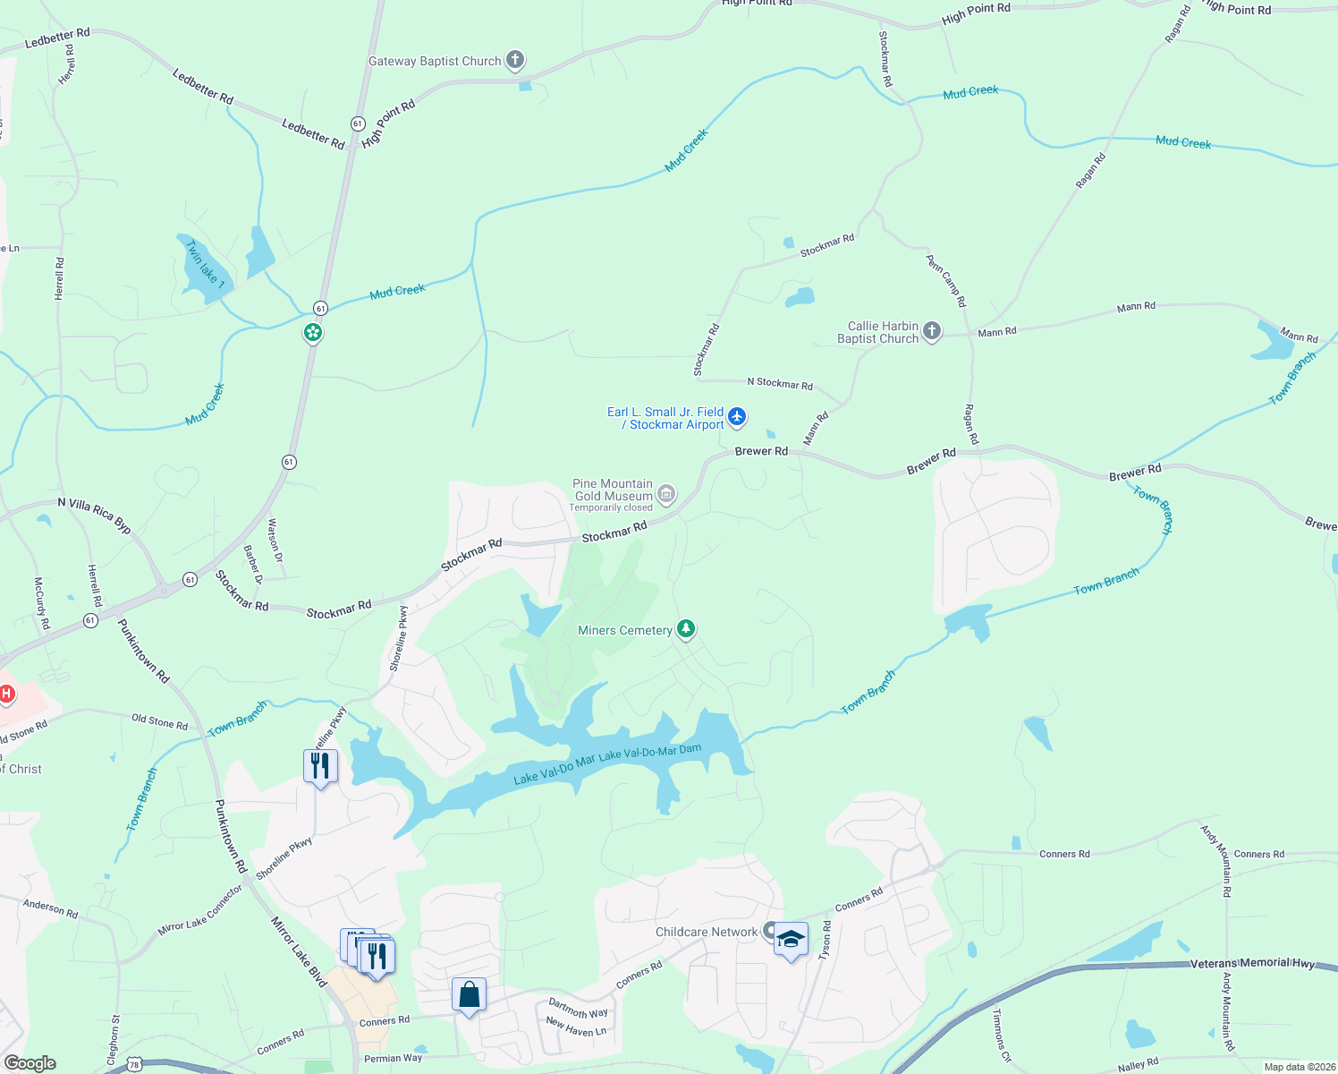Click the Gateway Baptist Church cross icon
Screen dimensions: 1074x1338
[514, 60]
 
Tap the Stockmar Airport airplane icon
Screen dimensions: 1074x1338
[737, 416]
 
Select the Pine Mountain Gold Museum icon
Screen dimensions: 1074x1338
[666, 494]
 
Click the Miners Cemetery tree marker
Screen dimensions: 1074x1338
[686, 629]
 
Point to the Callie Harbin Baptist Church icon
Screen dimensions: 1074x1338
[932, 331]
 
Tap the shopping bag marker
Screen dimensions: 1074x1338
[469, 994]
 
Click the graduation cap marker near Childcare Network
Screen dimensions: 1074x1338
[791, 940]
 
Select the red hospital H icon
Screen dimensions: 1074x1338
[7, 694]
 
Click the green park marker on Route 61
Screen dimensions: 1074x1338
[312, 333]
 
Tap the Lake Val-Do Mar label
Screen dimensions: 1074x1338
[554, 771]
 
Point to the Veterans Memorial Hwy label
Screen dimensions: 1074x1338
[1252, 963]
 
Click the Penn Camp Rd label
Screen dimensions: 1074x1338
[946, 281]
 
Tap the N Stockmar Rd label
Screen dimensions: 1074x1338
[780, 383]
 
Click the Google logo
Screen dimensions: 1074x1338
[30, 1063]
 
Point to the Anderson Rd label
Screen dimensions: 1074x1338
[50, 908]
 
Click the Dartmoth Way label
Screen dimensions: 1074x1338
[578, 1008]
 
